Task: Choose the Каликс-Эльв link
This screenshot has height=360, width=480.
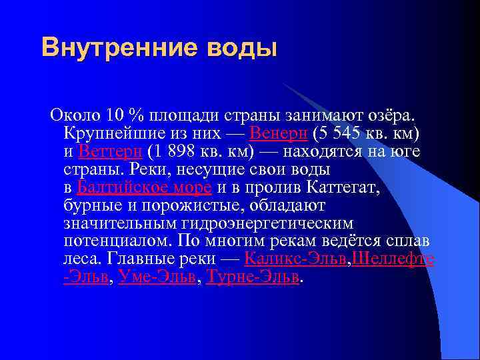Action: click(x=296, y=258)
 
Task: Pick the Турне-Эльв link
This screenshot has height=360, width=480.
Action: click(x=253, y=276)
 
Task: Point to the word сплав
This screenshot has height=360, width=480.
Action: click(x=409, y=240)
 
